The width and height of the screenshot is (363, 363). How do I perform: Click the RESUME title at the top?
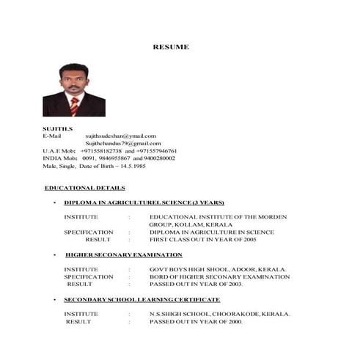[171, 47]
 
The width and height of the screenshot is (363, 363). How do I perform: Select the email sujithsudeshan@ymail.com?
[121, 136]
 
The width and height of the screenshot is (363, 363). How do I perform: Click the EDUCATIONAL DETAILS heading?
[84, 188]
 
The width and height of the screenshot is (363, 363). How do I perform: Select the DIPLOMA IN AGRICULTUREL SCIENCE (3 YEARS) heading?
[144, 202]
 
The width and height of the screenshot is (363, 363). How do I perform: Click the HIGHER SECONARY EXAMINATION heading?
[123, 254]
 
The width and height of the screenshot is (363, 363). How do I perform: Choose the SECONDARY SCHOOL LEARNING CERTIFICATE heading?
[142, 300]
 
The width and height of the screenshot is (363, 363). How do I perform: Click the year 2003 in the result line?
[234, 285]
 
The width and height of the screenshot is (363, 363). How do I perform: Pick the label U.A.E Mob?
[59, 150]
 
